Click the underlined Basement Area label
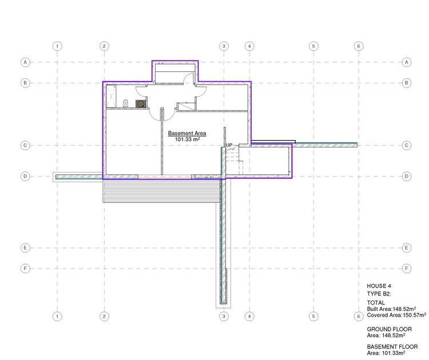[187, 133]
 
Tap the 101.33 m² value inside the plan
[187, 139]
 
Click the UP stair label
[229, 146]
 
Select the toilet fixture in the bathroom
[125, 103]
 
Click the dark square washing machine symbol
[140, 103]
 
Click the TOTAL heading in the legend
[376, 302]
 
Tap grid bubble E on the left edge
[25, 248]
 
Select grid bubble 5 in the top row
[313, 46]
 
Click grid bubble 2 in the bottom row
[104, 315]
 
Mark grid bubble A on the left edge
[25, 62]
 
